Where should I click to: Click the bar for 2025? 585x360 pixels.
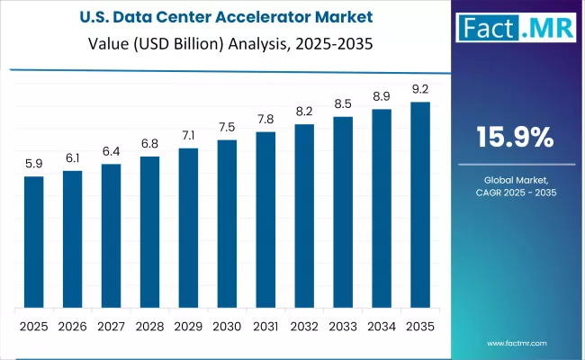click(x=33, y=241)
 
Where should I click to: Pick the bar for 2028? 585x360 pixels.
click(x=149, y=231)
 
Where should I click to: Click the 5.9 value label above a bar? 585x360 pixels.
click(x=33, y=164)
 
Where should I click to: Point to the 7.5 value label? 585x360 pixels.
click(x=227, y=127)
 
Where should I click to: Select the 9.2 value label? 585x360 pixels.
click(x=420, y=89)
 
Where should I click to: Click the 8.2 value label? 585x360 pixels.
click(x=304, y=112)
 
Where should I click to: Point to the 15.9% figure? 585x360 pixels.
click(x=514, y=137)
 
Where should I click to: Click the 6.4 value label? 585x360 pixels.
click(x=111, y=151)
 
